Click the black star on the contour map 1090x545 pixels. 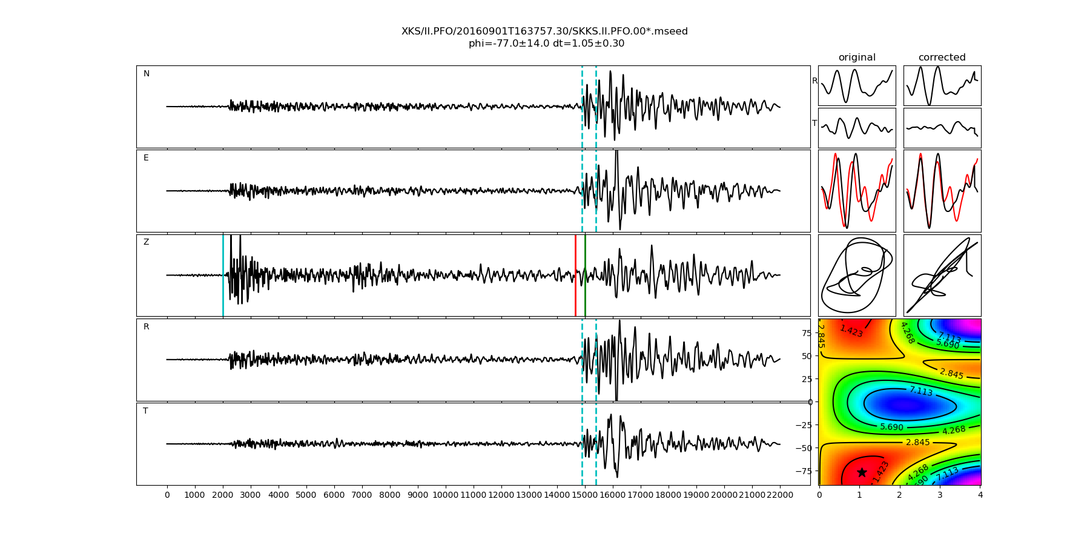click(862, 472)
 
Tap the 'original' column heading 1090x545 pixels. click(857, 58)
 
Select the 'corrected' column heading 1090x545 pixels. click(942, 58)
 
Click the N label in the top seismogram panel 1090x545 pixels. click(146, 74)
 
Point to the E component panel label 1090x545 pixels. click(146, 158)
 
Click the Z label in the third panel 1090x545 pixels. click(146, 242)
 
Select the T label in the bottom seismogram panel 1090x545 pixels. click(145, 411)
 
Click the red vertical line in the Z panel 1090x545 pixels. click(575, 276)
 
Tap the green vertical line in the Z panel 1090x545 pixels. click(585, 276)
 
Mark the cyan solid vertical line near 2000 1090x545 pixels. click(223, 276)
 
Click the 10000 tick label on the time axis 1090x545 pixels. click(446, 495)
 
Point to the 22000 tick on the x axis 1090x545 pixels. click(779, 495)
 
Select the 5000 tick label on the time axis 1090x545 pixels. click(306, 495)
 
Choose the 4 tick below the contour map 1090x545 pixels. click(980, 495)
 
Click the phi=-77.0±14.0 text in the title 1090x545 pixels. click(509, 44)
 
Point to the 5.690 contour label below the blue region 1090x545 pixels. click(891, 427)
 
